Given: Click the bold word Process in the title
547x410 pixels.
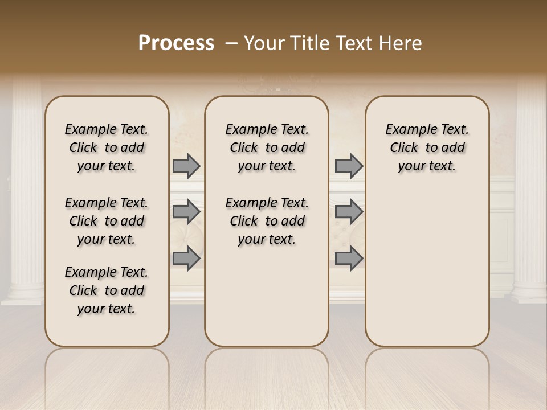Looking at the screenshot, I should point(176,43).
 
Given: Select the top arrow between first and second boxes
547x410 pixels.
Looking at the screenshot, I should point(186,166).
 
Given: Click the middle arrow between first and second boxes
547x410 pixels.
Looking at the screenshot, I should point(186,212).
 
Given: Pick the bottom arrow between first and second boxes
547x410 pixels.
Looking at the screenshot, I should point(186,258).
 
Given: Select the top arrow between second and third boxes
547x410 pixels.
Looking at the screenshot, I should point(349,166).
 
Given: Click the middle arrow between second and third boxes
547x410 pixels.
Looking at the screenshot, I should point(349,212).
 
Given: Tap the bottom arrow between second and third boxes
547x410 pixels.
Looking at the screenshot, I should point(349,258).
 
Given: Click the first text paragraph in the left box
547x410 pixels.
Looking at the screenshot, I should point(107,147).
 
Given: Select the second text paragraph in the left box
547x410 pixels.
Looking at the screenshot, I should point(107,221).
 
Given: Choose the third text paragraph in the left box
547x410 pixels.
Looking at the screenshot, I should point(107,290).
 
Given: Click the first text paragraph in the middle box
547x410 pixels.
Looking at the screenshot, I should point(267,147).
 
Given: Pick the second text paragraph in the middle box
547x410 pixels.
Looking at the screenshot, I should point(267,221).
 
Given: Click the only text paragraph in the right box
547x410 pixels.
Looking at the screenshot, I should point(427,147).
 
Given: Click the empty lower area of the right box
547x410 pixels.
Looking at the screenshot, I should point(427,268).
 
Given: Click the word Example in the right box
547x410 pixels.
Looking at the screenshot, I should point(406,129).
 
